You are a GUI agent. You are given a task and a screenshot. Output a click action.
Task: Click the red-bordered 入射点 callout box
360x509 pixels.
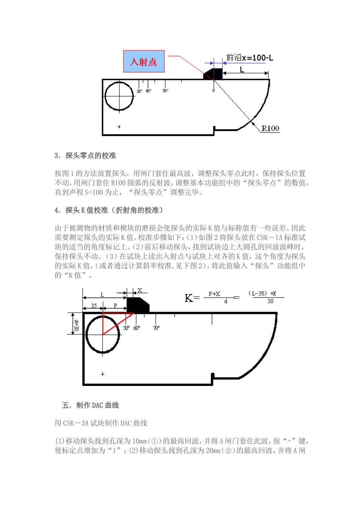(144, 61)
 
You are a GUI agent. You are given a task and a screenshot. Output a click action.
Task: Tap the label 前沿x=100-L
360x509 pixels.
(249, 58)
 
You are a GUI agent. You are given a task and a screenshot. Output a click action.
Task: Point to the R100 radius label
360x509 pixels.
(270, 128)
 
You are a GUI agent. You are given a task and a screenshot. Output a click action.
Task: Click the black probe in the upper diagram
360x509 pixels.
(214, 73)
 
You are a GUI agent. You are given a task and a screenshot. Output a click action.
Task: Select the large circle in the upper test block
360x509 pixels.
(119, 96)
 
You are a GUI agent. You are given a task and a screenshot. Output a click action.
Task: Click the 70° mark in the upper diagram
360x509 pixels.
(165, 91)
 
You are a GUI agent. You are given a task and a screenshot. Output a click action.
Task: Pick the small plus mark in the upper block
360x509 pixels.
(119, 126)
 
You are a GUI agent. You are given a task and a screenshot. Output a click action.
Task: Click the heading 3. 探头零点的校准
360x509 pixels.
(85, 156)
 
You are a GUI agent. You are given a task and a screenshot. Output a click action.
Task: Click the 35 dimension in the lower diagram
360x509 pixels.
(94, 306)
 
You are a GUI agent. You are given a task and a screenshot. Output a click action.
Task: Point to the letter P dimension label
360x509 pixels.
(116, 306)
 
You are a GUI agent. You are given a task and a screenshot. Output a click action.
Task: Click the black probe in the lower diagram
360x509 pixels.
(138, 305)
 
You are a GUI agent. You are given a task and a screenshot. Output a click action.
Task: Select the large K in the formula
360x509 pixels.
(189, 298)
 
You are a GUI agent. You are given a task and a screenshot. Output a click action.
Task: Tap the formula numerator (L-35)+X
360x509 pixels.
(262, 294)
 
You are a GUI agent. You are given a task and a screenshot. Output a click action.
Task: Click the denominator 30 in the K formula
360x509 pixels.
(270, 301)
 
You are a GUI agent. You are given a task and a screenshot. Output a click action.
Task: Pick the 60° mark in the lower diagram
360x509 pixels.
(137, 328)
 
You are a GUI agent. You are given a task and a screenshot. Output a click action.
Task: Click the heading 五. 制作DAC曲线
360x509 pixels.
(90, 405)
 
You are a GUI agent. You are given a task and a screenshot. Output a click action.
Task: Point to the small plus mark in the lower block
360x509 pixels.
(102, 374)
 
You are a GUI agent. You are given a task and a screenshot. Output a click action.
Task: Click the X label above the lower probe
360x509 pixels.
(139, 290)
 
